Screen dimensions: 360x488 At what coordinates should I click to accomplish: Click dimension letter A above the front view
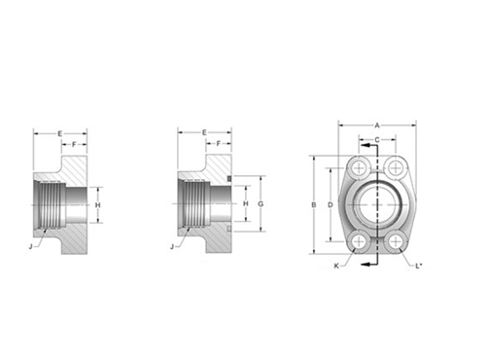377,125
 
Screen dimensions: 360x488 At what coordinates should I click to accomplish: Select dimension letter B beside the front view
313,204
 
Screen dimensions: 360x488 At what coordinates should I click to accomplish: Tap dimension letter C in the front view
377,140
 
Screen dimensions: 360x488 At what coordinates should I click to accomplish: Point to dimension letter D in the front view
331,204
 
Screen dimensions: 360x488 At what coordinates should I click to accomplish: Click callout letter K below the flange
336,265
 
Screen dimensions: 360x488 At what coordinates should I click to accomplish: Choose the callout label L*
419,265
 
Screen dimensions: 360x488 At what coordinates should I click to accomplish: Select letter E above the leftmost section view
60,131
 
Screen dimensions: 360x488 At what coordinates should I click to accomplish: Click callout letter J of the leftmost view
33,246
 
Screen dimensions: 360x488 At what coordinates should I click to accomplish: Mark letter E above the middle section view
204,131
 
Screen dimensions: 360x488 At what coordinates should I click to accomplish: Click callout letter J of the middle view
173,246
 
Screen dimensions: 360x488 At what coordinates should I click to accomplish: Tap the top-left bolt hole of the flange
360,167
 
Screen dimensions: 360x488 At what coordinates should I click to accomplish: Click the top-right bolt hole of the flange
395,167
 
